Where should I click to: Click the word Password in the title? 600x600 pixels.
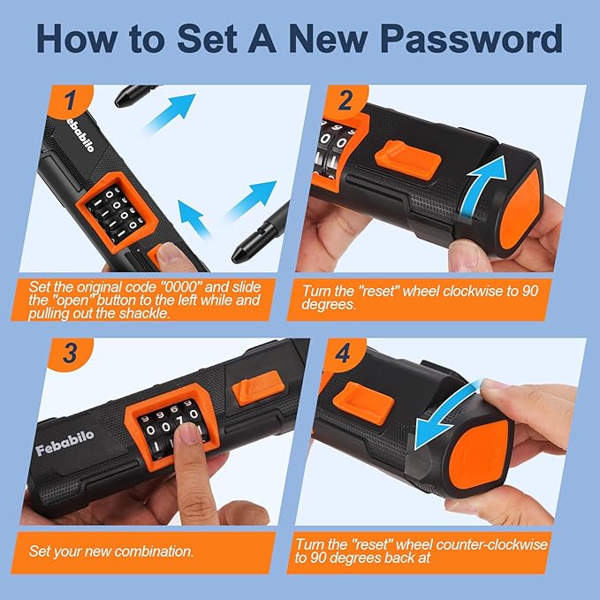[471, 39]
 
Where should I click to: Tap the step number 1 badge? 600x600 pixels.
[71, 100]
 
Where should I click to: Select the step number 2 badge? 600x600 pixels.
[346, 100]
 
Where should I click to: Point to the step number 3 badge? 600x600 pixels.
[71, 353]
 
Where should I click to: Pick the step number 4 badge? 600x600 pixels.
[343, 353]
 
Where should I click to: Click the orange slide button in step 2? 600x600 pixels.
[408, 159]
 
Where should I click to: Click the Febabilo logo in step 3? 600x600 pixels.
[65, 443]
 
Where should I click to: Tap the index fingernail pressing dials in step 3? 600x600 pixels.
[188, 433]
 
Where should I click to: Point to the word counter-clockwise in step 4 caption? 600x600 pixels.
[491, 544]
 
